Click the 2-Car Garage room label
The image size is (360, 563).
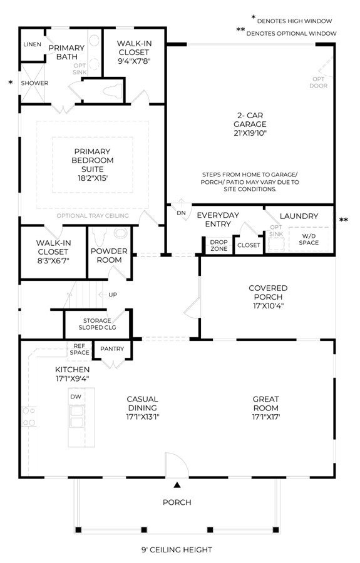point(250,120)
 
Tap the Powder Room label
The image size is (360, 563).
point(109,255)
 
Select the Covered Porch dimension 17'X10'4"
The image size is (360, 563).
point(268,306)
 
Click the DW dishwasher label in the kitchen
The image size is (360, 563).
point(76,397)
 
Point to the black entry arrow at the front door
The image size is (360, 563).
point(177,485)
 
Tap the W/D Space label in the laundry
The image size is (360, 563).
point(309,239)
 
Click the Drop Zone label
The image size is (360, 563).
point(219,245)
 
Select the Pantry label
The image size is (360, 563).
point(112,348)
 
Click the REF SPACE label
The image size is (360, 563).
point(80,349)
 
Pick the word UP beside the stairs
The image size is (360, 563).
point(113,295)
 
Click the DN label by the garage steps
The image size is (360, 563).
point(181,213)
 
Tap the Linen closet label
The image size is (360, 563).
point(32,44)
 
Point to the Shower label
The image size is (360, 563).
point(34,83)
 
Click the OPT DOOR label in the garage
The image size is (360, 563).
point(318,82)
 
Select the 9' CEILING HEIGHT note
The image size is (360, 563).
point(177,549)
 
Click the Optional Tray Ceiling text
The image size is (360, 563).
point(92,215)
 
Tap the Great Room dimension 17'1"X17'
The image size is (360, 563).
point(266,417)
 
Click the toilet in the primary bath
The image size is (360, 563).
point(113,91)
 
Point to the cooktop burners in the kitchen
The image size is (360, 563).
point(29,417)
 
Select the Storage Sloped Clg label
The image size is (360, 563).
point(97,324)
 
